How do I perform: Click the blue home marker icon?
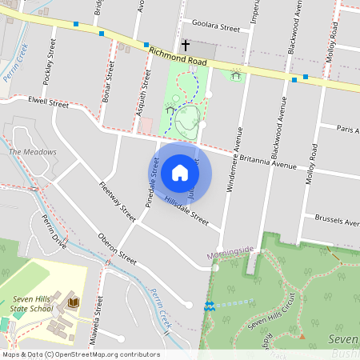[x=180, y=173]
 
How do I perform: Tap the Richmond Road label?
[x=178, y=56]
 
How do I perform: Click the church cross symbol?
[x=186, y=46]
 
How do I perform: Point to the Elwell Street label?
[x=48, y=102]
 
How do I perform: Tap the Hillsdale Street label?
[x=186, y=210]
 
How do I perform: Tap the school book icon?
[x=74, y=302]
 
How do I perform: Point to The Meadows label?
[x=33, y=152]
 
